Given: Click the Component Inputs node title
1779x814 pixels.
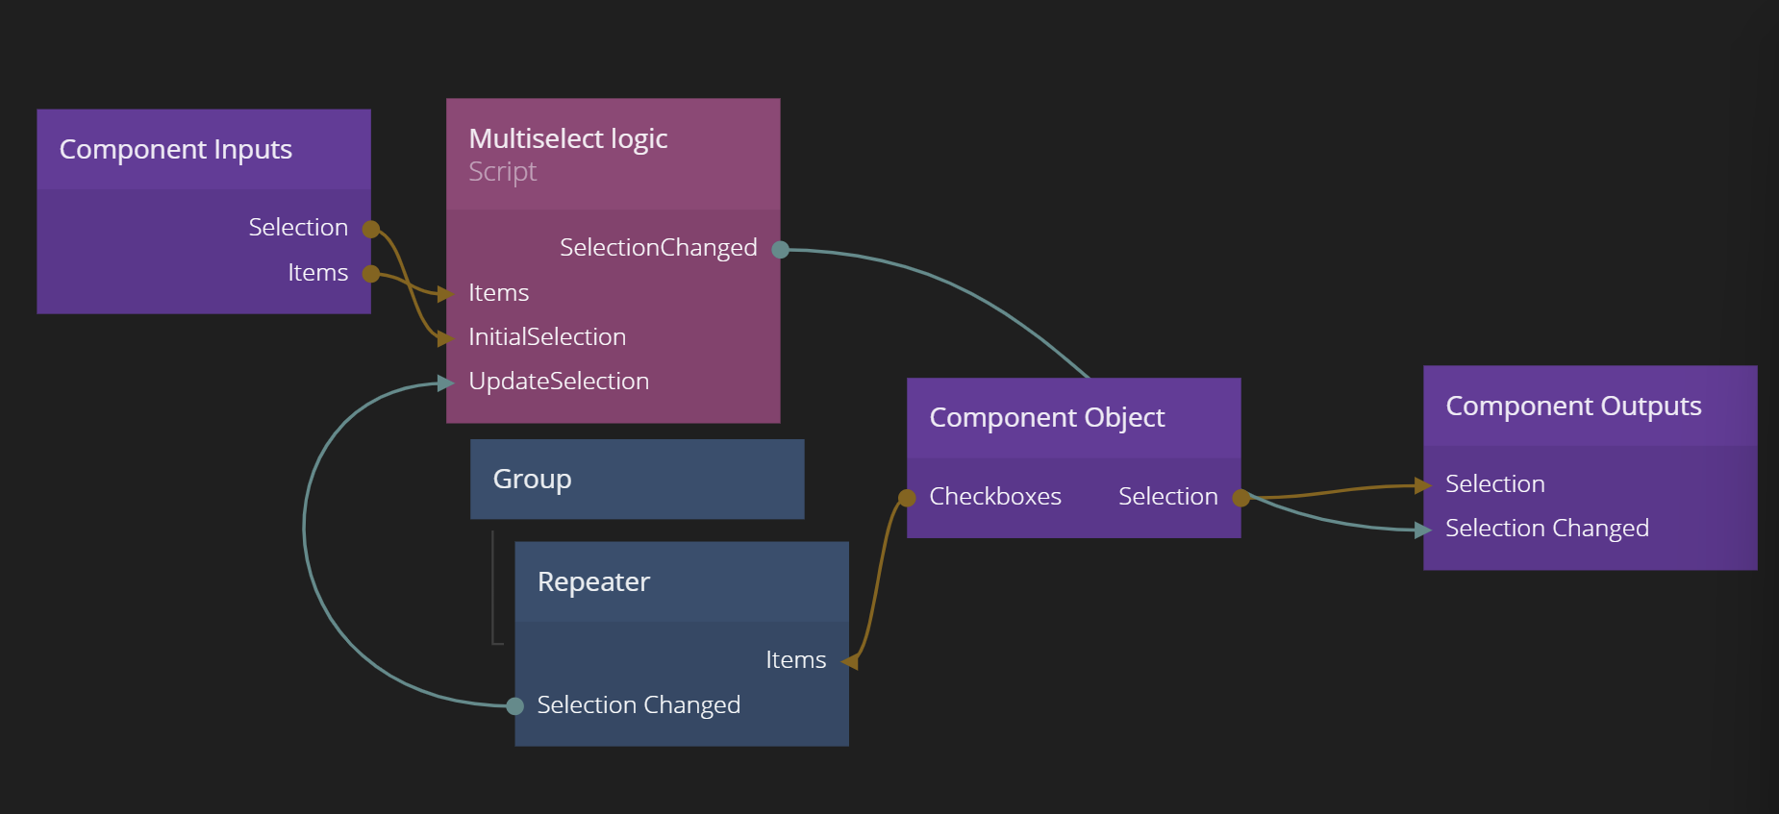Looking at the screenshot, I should (x=176, y=150).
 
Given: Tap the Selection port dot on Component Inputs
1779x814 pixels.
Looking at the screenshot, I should (x=371, y=229).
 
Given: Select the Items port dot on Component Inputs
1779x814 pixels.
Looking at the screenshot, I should (x=371, y=274).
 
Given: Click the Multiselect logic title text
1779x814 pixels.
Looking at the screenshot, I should (x=567, y=139).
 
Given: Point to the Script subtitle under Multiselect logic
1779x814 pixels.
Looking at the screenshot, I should (x=502, y=172).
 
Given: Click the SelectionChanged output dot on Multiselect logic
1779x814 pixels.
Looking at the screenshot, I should (x=781, y=250).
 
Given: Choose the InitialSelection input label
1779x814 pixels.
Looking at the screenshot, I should (x=547, y=337).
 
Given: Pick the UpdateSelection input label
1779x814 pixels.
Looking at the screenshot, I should (x=559, y=382).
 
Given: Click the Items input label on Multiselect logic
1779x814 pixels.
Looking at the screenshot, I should (x=498, y=293).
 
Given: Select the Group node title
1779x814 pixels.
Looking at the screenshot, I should (x=532, y=479).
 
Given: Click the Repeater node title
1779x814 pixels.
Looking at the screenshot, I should (x=593, y=582).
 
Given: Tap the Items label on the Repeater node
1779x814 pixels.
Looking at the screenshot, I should (x=795, y=660).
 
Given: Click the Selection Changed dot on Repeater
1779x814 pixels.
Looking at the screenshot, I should (x=515, y=706).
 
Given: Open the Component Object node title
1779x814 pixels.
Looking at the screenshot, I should (x=1046, y=418).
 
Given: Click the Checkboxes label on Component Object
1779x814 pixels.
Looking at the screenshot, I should (x=995, y=497).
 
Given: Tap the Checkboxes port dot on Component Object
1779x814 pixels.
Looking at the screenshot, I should (x=907, y=498).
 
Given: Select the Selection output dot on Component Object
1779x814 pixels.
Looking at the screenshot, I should (x=1241, y=498).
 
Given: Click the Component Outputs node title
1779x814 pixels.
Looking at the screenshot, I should (x=1573, y=407).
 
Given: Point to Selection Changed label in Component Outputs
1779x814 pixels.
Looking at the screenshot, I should (x=1546, y=529).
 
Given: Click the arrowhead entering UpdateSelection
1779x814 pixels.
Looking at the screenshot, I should (x=444, y=383).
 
